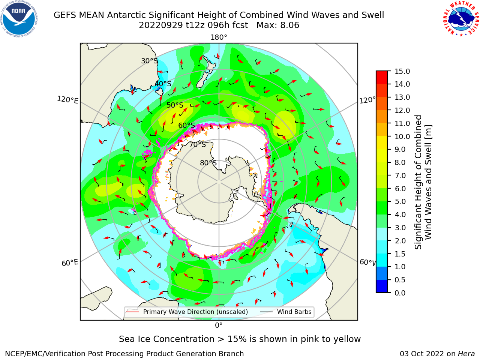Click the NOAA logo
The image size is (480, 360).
point(19,19)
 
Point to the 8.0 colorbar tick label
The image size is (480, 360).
point(400,162)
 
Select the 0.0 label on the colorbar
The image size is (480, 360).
point(400,292)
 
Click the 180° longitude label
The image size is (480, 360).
point(219,37)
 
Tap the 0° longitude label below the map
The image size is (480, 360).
point(219,325)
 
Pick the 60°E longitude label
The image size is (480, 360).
point(70,262)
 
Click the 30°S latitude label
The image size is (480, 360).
point(149,61)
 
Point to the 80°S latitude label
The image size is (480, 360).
point(208,163)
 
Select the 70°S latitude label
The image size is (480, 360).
point(198,144)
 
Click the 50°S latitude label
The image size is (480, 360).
point(175,105)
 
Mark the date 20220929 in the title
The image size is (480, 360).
point(161,25)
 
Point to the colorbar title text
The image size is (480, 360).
point(423,182)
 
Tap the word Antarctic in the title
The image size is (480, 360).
point(126,15)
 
